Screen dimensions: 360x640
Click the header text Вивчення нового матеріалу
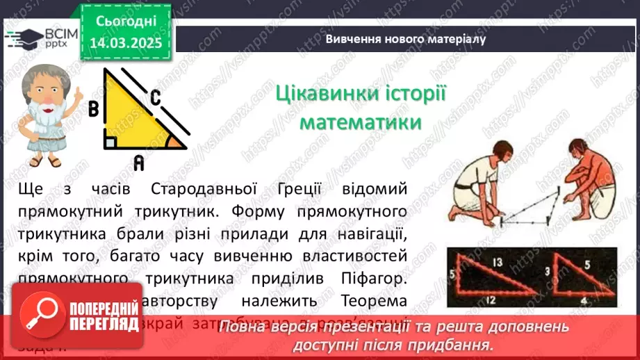[405, 39]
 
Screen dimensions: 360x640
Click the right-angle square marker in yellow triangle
[110, 142]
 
